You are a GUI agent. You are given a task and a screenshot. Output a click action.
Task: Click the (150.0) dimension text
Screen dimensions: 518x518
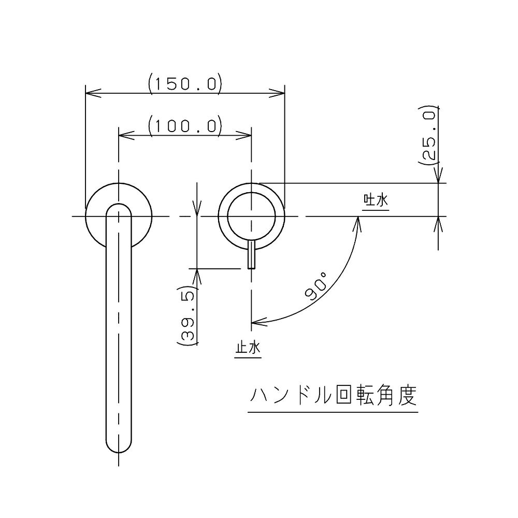coord(185,84)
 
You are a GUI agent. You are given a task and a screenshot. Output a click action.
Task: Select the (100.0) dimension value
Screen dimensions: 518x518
coord(185,126)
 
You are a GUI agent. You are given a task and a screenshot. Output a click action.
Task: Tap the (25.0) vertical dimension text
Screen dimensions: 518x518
coord(428,136)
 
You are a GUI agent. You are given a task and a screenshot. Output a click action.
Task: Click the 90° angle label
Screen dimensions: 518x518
coord(315,286)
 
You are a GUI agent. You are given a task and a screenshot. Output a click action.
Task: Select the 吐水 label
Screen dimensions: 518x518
coord(376,200)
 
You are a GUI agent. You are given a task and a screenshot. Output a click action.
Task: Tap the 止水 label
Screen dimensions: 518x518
coord(248,348)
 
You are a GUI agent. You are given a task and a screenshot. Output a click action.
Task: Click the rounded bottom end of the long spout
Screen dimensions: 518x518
coord(119,446)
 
